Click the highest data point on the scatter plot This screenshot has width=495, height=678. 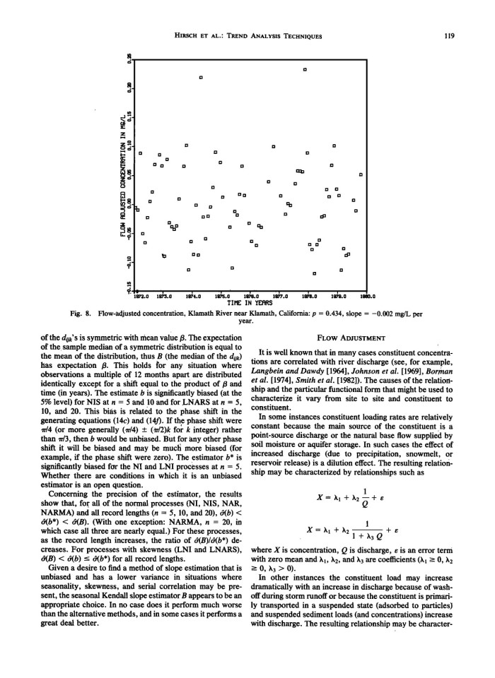click(x=305, y=69)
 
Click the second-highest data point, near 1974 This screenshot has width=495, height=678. click(x=202, y=77)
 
